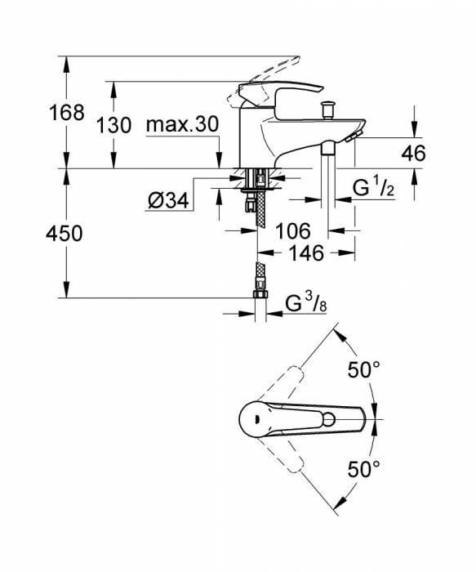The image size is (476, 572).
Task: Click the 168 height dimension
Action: tap(66, 112)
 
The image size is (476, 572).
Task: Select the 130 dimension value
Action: tap(113, 125)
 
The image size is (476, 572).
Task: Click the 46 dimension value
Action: tap(414, 152)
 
